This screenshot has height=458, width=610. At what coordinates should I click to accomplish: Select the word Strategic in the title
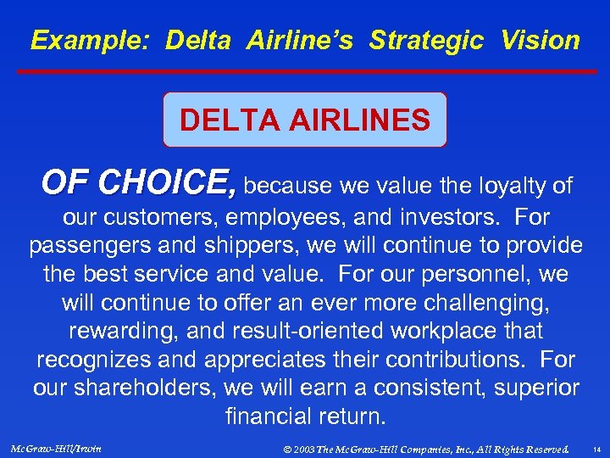click(x=428, y=40)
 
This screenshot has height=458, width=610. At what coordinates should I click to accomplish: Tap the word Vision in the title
click(x=541, y=40)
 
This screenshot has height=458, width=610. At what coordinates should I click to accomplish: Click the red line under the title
click(x=305, y=72)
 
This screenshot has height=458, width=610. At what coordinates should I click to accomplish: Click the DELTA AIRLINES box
click(x=305, y=120)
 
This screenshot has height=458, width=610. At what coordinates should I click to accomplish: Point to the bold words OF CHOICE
click(x=140, y=182)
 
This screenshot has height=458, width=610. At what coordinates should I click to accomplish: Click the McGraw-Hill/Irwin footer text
click(x=58, y=447)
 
